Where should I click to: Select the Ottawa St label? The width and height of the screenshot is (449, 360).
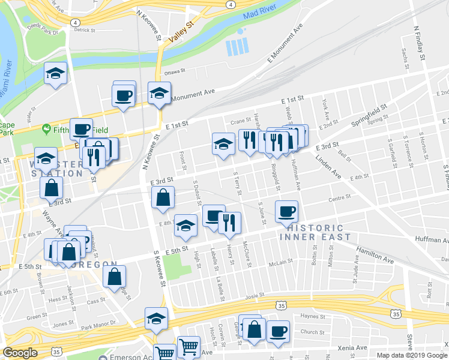(x=176, y=71)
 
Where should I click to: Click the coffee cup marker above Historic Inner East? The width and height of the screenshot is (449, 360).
(x=287, y=211)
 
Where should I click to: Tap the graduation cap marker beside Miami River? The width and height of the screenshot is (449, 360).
(x=56, y=73)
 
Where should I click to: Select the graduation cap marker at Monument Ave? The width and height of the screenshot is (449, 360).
(x=159, y=93)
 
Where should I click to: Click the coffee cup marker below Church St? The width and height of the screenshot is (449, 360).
(x=278, y=331)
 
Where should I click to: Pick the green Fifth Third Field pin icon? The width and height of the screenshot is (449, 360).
(x=46, y=129)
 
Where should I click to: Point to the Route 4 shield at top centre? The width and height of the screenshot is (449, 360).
(x=231, y=4)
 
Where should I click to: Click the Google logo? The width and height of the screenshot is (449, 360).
(x=20, y=353)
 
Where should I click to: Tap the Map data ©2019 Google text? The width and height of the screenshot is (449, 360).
(x=412, y=355)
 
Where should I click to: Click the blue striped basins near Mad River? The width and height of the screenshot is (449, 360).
(x=237, y=47)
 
